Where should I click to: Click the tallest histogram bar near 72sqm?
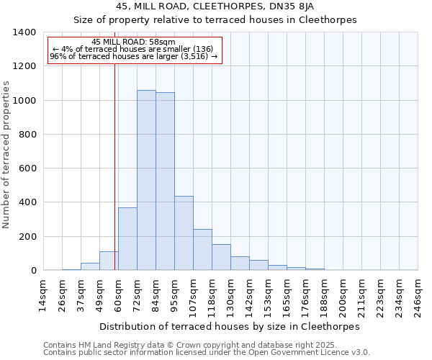click(146, 180)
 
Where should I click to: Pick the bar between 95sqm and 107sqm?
click(184, 233)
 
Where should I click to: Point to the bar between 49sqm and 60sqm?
click(109, 261)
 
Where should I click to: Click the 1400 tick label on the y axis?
click(24, 32)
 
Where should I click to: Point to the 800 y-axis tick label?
click(27, 135)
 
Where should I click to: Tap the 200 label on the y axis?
click(27, 237)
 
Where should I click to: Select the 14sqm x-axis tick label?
click(43, 295)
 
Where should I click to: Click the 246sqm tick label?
click(418, 295)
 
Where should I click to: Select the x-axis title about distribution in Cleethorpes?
click(229, 326)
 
